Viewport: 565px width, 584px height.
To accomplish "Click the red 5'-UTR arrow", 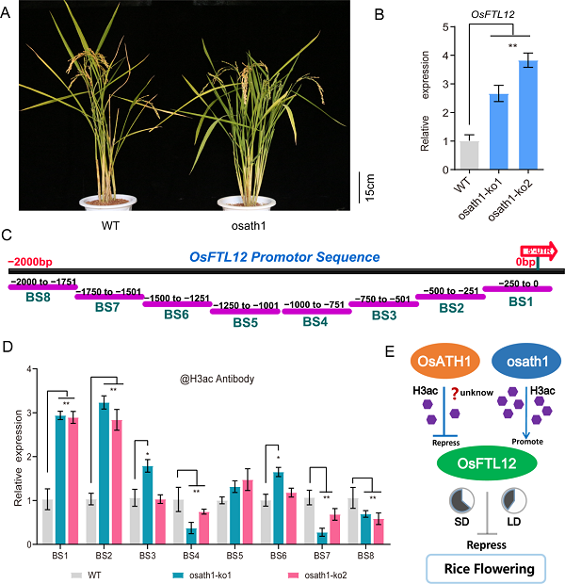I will point(541,251).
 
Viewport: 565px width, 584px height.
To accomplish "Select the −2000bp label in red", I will point(32,261).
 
